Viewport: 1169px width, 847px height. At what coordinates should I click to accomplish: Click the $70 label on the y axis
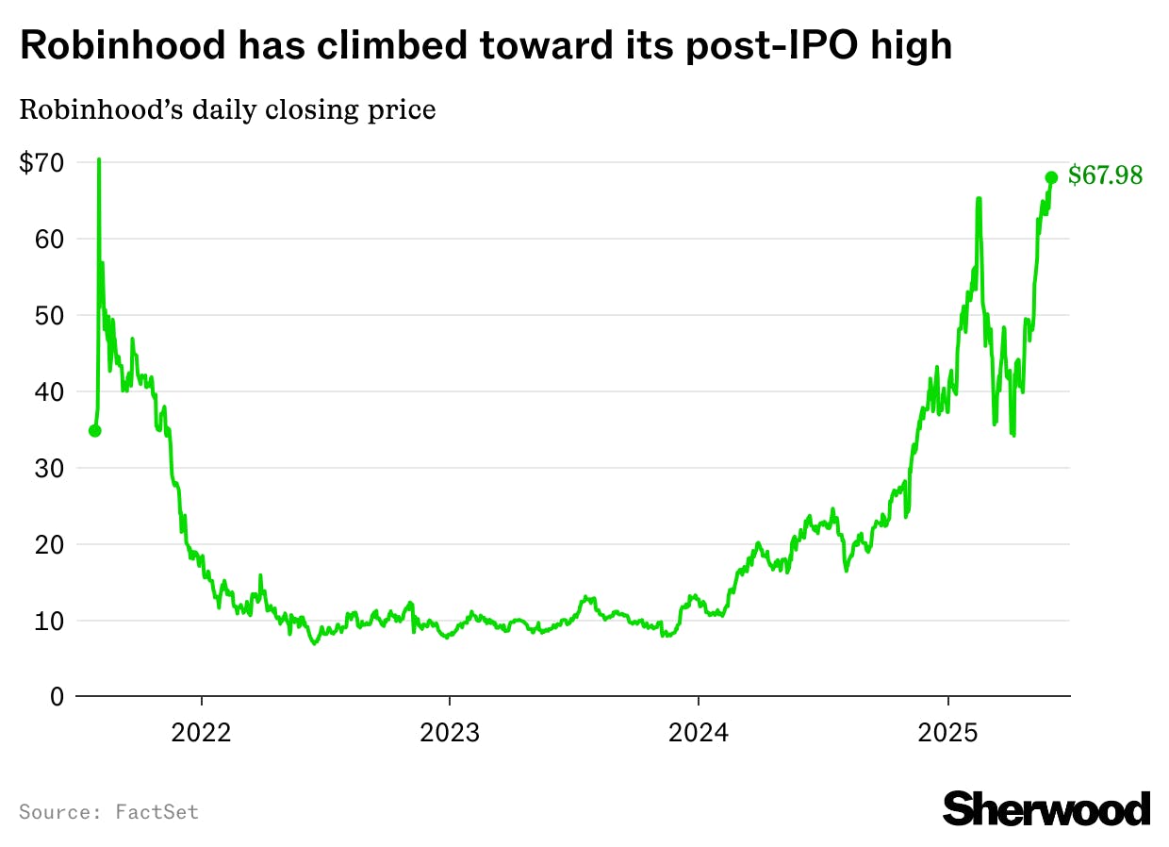(x=41, y=163)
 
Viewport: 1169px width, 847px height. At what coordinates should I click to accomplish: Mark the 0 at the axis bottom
(x=56, y=697)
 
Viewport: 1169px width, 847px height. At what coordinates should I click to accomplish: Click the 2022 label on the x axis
(x=201, y=733)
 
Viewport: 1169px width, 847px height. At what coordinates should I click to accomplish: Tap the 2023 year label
(x=450, y=733)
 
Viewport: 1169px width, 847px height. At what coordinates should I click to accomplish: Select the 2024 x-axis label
(x=698, y=733)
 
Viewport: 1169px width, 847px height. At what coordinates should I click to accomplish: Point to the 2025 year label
(x=947, y=733)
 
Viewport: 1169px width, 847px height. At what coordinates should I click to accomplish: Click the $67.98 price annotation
(x=1105, y=176)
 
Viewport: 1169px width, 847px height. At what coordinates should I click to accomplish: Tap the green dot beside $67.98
(x=1051, y=177)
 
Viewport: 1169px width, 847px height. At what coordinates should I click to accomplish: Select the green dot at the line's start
(x=94, y=431)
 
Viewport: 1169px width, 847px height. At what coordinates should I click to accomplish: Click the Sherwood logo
(x=1046, y=809)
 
